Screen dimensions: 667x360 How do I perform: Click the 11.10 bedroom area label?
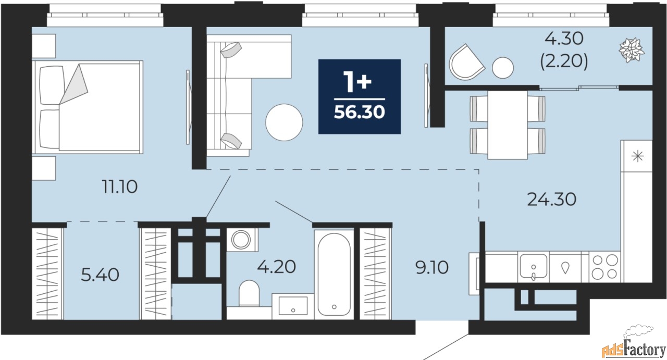point(120,187)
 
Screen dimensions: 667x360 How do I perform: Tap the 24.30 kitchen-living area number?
point(552,199)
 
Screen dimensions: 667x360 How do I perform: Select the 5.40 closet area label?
point(100,275)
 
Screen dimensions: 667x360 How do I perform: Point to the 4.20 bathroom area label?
point(277,267)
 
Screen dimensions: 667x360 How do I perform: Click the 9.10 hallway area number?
point(432,267)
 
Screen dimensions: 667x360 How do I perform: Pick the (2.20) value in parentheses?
point(564,62)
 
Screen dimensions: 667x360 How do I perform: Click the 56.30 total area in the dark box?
point(360,112)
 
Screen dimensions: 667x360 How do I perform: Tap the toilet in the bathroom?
point(249,293)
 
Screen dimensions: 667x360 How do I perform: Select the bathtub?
point(334,274)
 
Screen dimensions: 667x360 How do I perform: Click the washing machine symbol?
point(241,240)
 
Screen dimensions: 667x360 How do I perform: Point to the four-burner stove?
point(605,267)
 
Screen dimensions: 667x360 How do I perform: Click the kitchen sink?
point(533,267)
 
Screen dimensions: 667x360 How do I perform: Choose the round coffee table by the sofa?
point(284,122)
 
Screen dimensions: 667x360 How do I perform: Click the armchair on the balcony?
point(466,63)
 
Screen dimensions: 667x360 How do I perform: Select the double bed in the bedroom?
point(88,107)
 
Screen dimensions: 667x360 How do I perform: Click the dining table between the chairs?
point(508,125)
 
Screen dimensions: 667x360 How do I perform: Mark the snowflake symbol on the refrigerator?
point(637,156)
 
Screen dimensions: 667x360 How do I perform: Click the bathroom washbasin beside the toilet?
point(293,306)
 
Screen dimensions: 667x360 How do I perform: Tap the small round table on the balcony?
point(503,68)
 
